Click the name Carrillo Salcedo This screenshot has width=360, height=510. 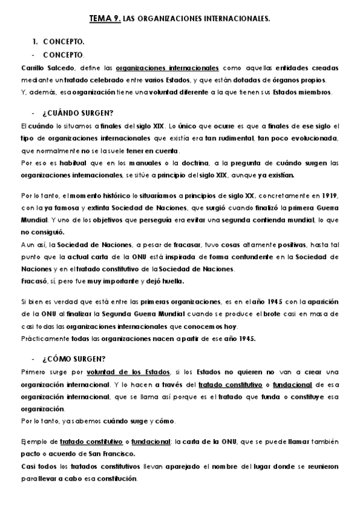37,68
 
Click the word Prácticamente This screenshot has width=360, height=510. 41,338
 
